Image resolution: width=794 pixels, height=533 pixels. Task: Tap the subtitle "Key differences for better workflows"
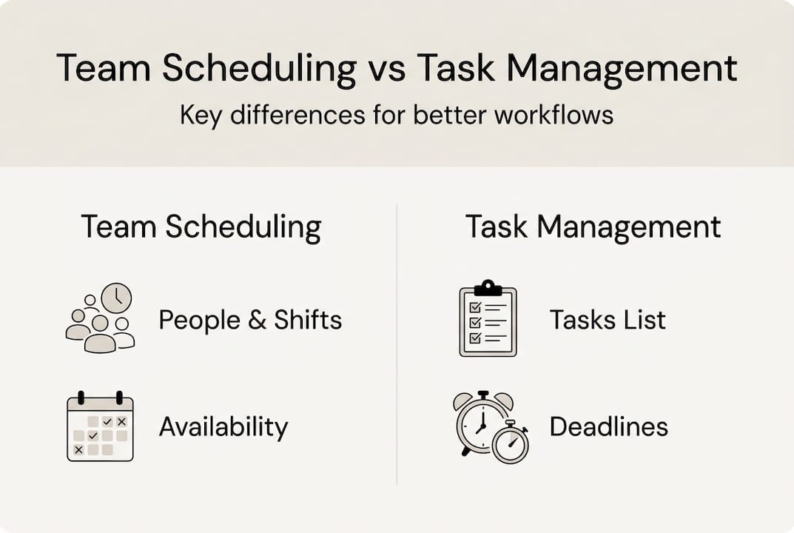click(x=397, y=115)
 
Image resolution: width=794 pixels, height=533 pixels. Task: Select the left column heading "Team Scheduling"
click(x=201, y=227)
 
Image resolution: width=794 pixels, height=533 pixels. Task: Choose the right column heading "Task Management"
click(x=593, y=227)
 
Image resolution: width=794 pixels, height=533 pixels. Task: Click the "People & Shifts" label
click(x=250, y=321)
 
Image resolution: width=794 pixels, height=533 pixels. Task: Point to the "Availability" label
click(x=223, y=426)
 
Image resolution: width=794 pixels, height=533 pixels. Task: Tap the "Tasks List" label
click(x=608, y=320)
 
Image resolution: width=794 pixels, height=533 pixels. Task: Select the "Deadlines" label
click(x=608, y=426)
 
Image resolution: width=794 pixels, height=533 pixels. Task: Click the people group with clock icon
click(x=100, y=318)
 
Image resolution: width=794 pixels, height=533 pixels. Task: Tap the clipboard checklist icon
click(x=488, y=319)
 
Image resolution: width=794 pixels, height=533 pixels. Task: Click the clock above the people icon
click(x=116, y=298)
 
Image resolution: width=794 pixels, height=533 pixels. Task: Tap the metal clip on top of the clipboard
click(x=488, y=286)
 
